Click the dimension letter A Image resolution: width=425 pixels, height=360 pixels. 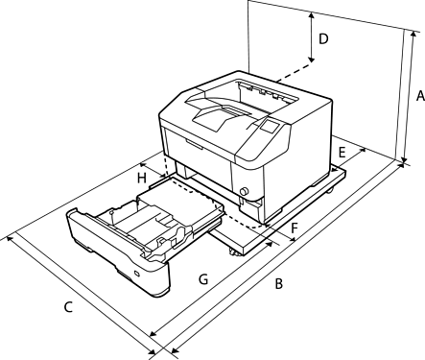coord(420,96)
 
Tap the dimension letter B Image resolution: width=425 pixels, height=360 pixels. coord(279,284)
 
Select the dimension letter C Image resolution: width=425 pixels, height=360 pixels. coord(68,307)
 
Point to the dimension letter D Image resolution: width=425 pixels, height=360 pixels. coord(323,39)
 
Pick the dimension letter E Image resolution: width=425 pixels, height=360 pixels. coord(342,153)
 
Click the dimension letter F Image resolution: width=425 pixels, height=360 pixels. coord(295,228)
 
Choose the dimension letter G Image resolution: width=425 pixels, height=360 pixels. coord(203,279)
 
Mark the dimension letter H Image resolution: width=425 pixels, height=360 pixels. coord(142,178)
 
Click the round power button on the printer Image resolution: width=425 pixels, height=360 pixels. coord(244,191)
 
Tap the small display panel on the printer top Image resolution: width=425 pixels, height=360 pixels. coord(270,126)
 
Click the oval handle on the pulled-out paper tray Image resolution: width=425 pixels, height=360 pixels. coord(137,274)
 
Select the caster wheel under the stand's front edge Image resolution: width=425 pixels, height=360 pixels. coord(233,252)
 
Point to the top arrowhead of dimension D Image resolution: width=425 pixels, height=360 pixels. coord(312,14)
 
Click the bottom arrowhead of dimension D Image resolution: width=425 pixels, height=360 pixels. coord(312,60)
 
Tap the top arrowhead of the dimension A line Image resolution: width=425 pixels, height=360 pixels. coord(413,34)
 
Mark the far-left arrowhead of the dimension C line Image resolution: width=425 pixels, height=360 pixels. coord(10,238)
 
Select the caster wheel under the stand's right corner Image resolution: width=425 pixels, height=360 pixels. coord(329,191)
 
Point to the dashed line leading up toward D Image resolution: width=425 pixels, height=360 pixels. coord(295,72)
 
